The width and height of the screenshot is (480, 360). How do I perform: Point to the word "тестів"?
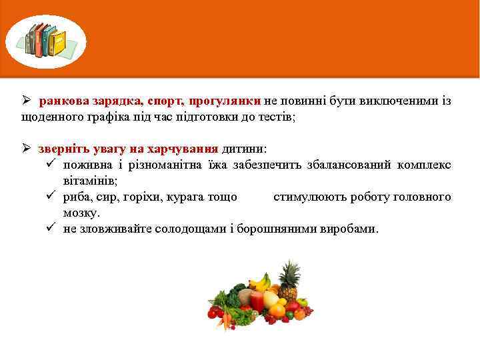pyautogui.click(x=273, y=117)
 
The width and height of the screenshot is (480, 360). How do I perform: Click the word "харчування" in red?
pyautogui.click(x=185, y=148)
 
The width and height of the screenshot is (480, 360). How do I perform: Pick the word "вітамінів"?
pyautogui.click(x=89, y=181)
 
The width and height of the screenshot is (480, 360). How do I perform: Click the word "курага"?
pyautogui.click(x=184, y=197)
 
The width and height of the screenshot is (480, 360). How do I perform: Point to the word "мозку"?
pyautogui.click(x=81, y=213)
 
